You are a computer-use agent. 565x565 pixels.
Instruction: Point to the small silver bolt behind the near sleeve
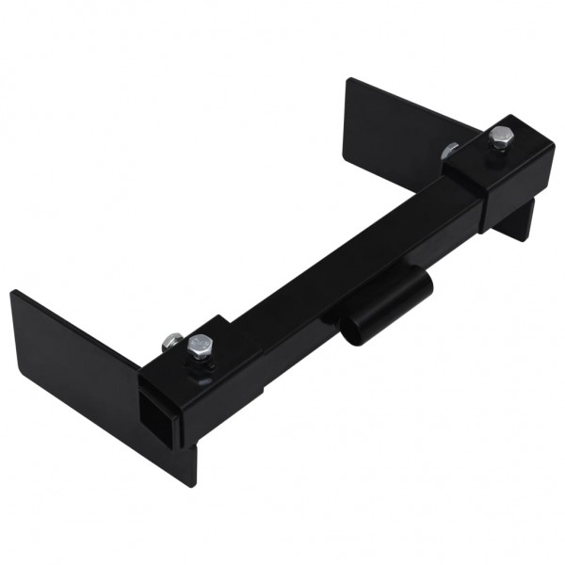point(171,340)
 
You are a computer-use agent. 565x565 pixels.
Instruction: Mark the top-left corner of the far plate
point(347,79)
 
